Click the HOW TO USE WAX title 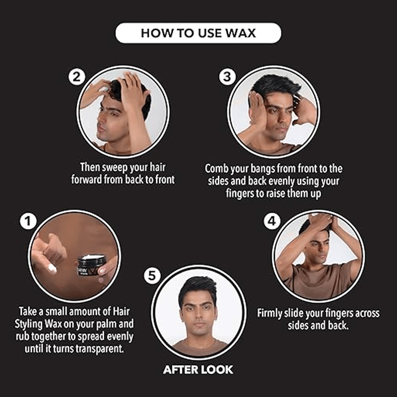click(x=198, y=33)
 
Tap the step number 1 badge click(x=28, y=221)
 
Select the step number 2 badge click(x=77, y=77)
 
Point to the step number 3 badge click(x=227, y=77)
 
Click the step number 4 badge click(x=272, y=221)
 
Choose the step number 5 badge click(x=152, y=276)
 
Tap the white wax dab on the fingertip click(x=52, y=268)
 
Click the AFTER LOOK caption click(x=198, y=370)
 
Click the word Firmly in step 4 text click(x=269, y=313)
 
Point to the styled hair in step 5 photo click(x=197, y=289)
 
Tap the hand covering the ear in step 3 click(x=257, y=108)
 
